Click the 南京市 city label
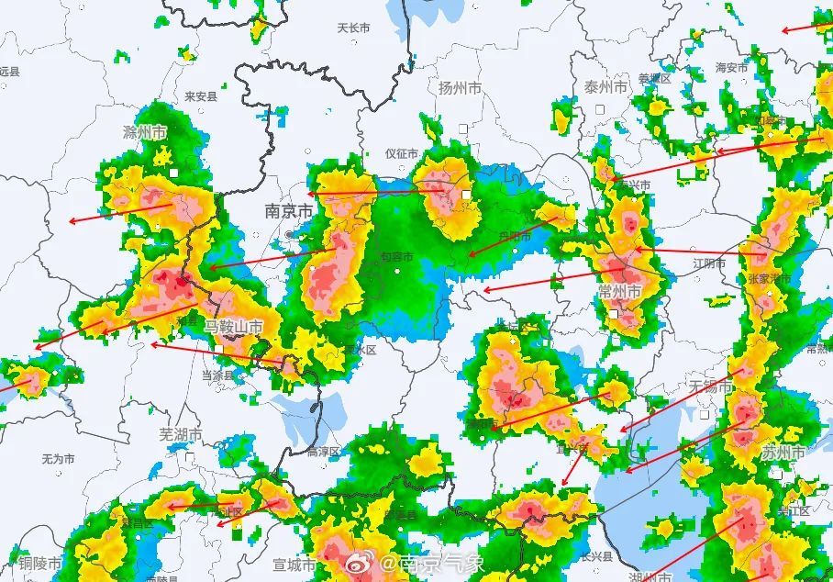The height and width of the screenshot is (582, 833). coord(288,211)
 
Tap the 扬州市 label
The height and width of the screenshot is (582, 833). coord(460,88)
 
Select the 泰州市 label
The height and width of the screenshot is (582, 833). coord(605,86)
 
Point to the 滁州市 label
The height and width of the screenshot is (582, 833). coord(145,132)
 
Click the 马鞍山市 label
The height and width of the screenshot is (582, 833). coord(233,327)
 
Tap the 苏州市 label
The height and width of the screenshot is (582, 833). coord(783,453)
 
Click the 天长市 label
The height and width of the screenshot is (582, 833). coord(353,28)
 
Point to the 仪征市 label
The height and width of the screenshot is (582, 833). coord(401,153)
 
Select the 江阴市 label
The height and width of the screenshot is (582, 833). coord(709,263)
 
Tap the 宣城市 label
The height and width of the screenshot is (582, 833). coord(294,564)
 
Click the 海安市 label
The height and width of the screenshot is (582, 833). coord(732,67)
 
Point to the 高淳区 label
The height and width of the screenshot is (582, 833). coord(323,451)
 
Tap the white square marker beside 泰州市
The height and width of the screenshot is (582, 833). coord(599,108)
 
